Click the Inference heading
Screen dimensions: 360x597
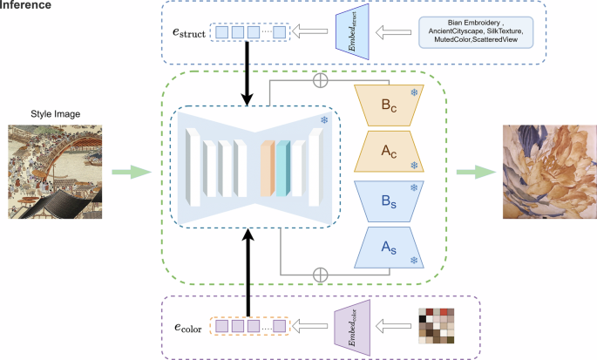25,6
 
